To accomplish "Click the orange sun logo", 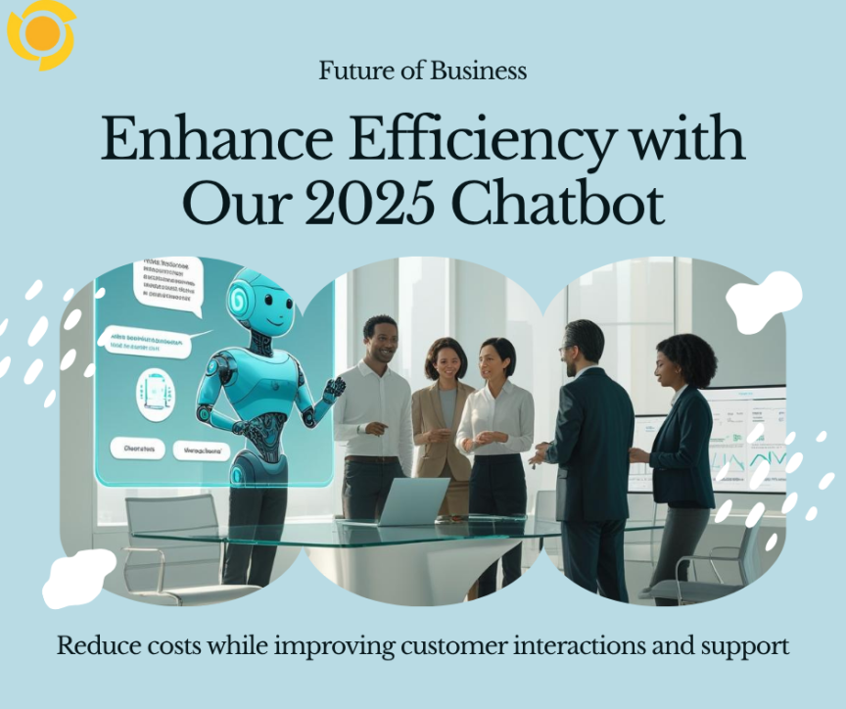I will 41,34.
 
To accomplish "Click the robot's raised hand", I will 334,388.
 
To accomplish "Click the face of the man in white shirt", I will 378,338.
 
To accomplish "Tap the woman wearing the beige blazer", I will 446,411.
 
